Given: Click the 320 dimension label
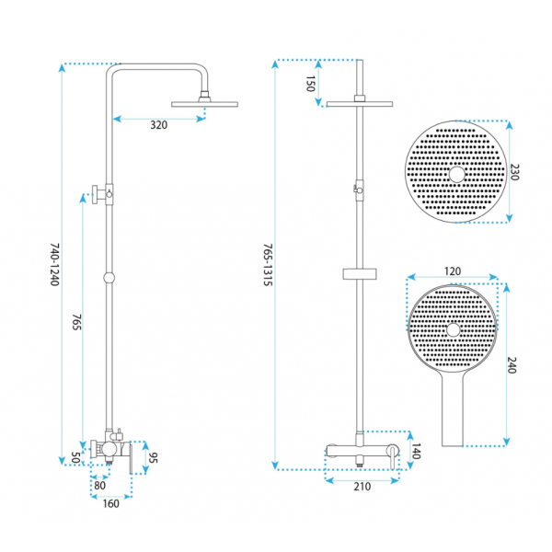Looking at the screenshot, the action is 159,125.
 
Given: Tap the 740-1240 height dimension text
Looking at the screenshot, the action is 54,264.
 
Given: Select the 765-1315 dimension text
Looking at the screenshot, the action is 268,264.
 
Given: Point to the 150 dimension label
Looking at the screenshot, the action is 310,84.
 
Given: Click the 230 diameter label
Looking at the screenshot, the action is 514,172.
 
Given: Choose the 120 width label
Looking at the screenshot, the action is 453,271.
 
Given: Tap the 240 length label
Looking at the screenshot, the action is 512,365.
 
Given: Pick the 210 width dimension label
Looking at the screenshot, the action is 362,487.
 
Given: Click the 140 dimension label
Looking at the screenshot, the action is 416,452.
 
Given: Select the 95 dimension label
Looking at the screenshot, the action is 153,457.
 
